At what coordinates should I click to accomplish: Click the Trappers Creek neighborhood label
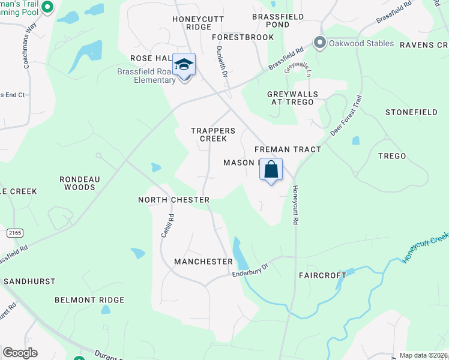pyautogui.click(x=209, y=134)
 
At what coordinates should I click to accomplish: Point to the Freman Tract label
pyautogui.click(x=288, y=149)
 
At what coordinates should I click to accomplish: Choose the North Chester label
pyautogui.click(x=173, y=200)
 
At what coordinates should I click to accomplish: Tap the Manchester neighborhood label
pyautogui.click(x=203, y=262)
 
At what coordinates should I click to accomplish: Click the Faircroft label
pyautogui.click(x=323, y=275)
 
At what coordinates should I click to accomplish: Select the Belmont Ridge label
pyautogui.click(x=89, y=300)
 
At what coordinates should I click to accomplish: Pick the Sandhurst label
pyautogui.click(x=29, y=281)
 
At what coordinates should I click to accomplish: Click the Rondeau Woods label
pyautogui.click(x=77, y=183)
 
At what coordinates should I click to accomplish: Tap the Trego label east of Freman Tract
pyautogui.click(x=392, y=156)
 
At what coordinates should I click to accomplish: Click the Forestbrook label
pyautogui.click(x=243, y=37)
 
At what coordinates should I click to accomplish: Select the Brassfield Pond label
pyautogui.click(x=278, y=22)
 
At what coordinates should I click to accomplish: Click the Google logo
pyautogui.click(x=20, y=353)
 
